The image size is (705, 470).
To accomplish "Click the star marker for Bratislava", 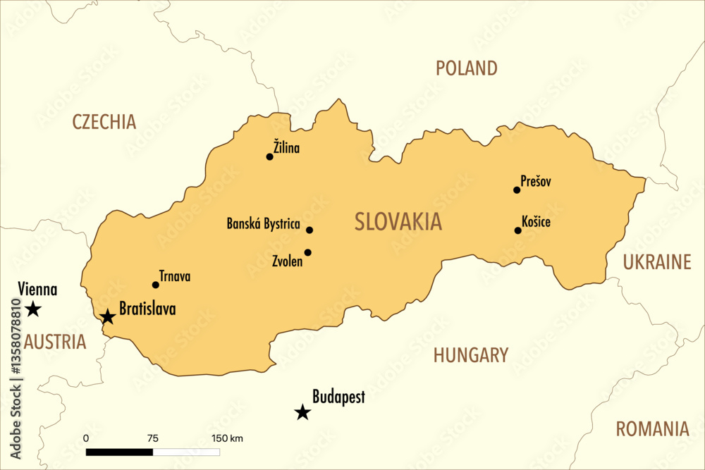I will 107,316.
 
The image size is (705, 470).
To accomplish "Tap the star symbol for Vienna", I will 32,309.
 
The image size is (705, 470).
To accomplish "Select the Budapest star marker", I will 302,412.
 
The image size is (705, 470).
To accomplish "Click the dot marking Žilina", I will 269,156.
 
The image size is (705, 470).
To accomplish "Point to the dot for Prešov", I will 517,190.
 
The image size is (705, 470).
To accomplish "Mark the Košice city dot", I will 517,230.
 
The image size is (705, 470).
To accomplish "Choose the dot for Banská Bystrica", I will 309,230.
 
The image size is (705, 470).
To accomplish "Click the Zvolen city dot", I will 308,252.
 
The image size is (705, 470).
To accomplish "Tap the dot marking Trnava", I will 156,285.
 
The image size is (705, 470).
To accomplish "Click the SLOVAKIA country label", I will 398,222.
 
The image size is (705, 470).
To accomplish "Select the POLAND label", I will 466,68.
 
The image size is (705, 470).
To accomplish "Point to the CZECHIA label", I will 104,122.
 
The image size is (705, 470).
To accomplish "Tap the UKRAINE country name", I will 657,263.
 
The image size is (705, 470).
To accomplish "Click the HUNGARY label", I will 470,355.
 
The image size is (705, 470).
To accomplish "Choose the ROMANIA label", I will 652,429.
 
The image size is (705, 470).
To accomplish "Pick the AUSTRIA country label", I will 54,342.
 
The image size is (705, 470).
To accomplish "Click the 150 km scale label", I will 227,438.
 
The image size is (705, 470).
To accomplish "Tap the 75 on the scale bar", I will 153,438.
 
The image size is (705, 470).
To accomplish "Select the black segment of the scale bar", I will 119,451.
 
